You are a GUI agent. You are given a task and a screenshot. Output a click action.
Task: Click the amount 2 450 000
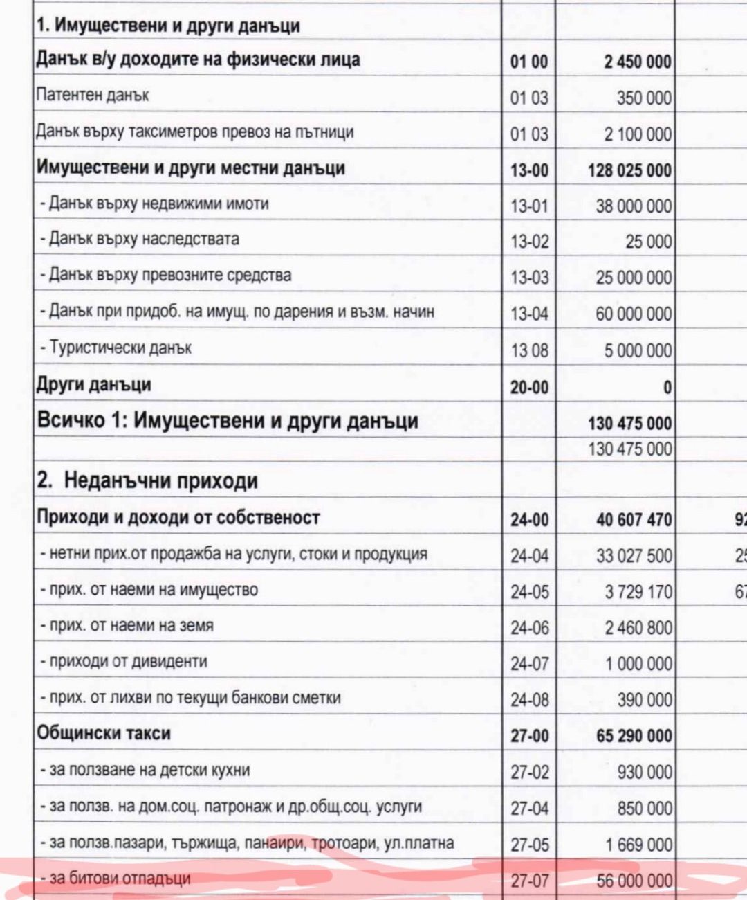637,62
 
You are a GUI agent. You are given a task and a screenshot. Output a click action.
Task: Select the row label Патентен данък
92,96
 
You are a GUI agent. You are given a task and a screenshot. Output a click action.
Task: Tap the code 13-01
529,206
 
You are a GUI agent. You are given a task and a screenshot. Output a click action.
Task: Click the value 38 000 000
634,206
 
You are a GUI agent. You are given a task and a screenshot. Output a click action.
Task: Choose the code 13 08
529,350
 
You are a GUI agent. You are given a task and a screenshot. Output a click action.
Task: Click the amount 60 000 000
634,314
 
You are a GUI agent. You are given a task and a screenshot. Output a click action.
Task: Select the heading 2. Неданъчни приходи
147,480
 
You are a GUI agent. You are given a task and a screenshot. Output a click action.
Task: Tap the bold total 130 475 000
629,423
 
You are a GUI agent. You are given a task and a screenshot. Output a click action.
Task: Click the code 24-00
529,519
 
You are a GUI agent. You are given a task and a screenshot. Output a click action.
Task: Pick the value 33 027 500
634,556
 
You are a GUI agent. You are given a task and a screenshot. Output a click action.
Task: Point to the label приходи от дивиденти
128,662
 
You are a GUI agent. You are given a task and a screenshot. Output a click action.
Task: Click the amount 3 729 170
638,592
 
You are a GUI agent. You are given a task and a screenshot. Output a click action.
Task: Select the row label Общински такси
104,733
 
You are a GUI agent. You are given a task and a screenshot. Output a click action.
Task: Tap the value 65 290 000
634,735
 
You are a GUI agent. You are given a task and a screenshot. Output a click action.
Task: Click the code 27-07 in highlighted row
529,881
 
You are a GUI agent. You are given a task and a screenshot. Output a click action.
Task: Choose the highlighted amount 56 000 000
634,881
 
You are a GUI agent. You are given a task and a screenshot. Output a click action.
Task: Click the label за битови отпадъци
120,879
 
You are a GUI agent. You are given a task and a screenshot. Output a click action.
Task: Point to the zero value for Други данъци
667,387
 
